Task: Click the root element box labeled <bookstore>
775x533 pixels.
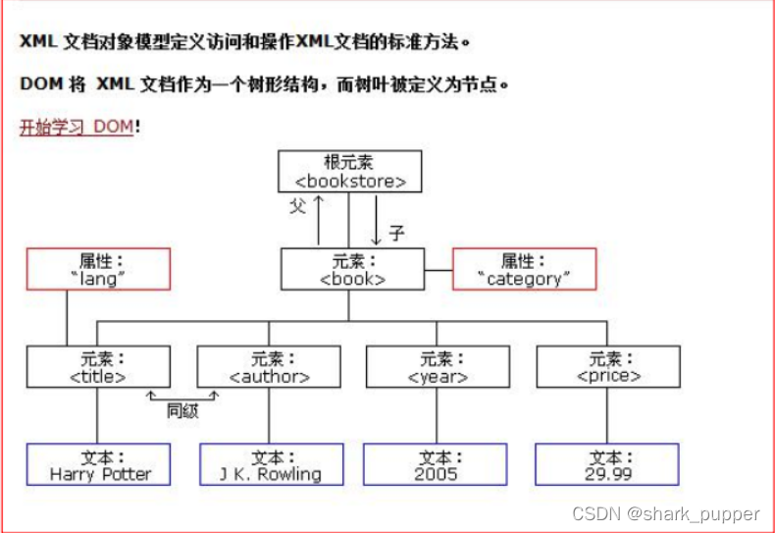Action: tap(350, 172)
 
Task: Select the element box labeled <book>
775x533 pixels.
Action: tap(353, 269)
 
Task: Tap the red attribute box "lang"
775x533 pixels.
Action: tap(98, 269)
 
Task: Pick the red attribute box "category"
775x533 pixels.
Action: tap(524, 269)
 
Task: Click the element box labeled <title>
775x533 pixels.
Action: tap(98, 366)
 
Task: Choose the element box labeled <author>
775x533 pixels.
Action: tap(269, 366)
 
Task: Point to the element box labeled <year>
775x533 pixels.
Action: tap(436, 366)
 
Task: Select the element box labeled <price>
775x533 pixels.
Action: tap(607, 366)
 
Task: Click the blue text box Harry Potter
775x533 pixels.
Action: tap(99, 465)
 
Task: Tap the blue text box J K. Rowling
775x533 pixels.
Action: tap(272, 465)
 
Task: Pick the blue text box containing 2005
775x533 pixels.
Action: tap(436, 465)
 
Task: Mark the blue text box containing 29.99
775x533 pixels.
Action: tap(607, 465)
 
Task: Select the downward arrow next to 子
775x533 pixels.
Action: tap(376, 220)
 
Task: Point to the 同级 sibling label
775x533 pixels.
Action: tap(182, 410)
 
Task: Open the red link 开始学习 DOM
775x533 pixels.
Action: tap(76, 128)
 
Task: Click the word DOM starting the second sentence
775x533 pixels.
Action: tap(37, 84)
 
